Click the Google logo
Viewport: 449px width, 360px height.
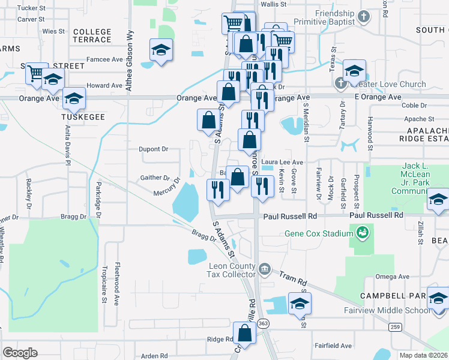pyautogui.click(x=20, y=353)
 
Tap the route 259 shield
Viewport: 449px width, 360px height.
pyautogui.click(x=394, y=326)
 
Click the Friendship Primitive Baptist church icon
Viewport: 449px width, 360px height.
pyautogui.click(x=363, y=16)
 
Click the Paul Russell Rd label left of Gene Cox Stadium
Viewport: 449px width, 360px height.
pyautogui.click(x=289, y=215)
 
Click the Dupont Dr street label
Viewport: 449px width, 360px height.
pyautogui.click(x=154, y=149)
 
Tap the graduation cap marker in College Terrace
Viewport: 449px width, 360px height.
pyautogui.click(x=161, y=50)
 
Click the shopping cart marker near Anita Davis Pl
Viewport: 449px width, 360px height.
pyautogui.click(x=37, y=73)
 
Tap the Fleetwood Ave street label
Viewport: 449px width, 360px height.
pyautogui.click(x=118, y=281)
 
